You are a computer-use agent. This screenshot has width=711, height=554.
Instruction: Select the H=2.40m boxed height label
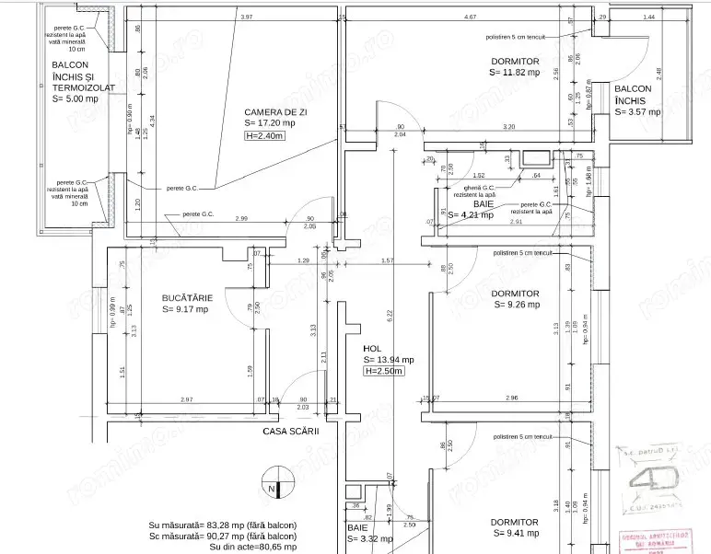click(x=265, y=135)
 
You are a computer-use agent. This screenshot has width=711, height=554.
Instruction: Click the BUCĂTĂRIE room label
click(x=187, y=298)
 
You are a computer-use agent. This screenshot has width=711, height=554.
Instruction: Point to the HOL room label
click(x=372, y=349)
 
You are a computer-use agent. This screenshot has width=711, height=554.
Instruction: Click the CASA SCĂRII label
click(x=290, y=430)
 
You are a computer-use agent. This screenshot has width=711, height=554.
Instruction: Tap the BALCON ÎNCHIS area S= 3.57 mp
click(x=638, y=111)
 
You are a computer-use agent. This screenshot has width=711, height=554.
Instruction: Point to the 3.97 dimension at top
click(x=246, y=17)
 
